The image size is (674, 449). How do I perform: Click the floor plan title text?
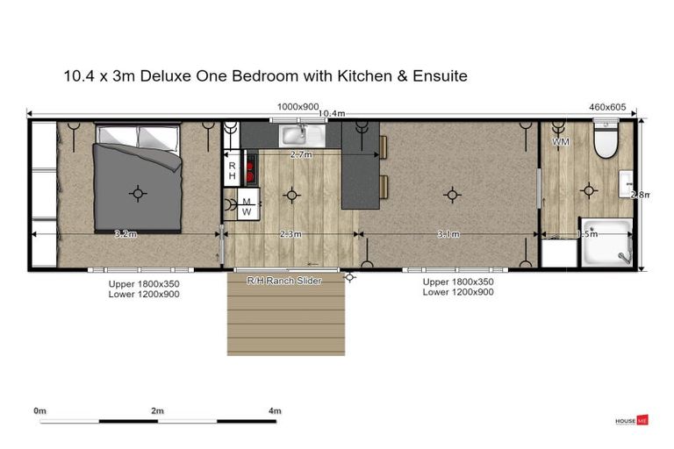click(x=265, y=76)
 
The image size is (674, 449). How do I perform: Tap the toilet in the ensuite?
click(x=606, y=140)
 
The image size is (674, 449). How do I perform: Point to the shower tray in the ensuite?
click(x=606, y=243)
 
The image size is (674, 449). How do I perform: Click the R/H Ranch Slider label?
click(x=283, y=281)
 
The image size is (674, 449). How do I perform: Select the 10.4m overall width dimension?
click(x=331, y=113)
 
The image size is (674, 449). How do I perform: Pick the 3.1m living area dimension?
click(x=448, y=234)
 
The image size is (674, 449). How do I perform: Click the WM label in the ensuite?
click(x=560, y=141)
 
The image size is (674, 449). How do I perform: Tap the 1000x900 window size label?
click(x=298, y=106)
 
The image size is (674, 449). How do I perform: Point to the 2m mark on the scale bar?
click(x=158, y=411)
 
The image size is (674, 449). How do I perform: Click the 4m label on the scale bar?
click(x=275, y=410)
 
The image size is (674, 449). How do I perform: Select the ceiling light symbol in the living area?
click(x=452, y=194)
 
